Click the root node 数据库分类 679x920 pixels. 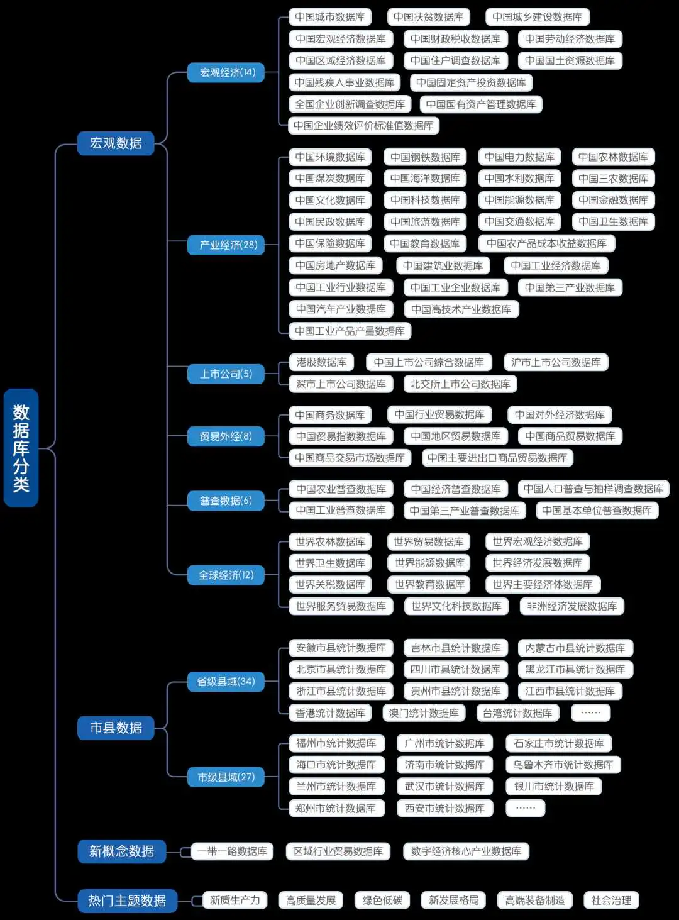[x=21, y=448]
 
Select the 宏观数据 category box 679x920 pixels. [x=116, y=143]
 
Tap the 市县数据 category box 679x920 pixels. [x=116, y=728]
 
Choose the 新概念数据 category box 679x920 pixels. [x=121, y=851]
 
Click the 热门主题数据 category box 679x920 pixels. [x=127, y=901]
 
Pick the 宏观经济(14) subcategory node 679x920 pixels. [x=226, y=72]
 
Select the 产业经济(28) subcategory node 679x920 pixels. [x=226, y=245]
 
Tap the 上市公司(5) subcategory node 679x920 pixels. [x=226, y=374]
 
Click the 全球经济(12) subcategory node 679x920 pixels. [x=226, y=575]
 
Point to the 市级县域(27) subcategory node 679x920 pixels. [x=226, y=777]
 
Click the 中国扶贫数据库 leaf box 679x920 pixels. [x=429, y=17]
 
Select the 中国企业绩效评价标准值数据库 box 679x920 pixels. [x=363, y=125]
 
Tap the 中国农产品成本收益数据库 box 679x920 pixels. [x=546, y=243]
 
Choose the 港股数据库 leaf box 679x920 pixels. [x=321, y=362]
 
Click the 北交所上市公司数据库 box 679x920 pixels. [x=460, y=384]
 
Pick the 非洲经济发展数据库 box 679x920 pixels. [x=572, y=606]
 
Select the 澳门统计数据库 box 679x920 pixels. [x=424, y=712]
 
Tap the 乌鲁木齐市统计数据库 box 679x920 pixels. [x=563, y=765]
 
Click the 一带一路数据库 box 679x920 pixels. [x=232, y=851]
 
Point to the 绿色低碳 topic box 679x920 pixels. [x=382, y=900]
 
